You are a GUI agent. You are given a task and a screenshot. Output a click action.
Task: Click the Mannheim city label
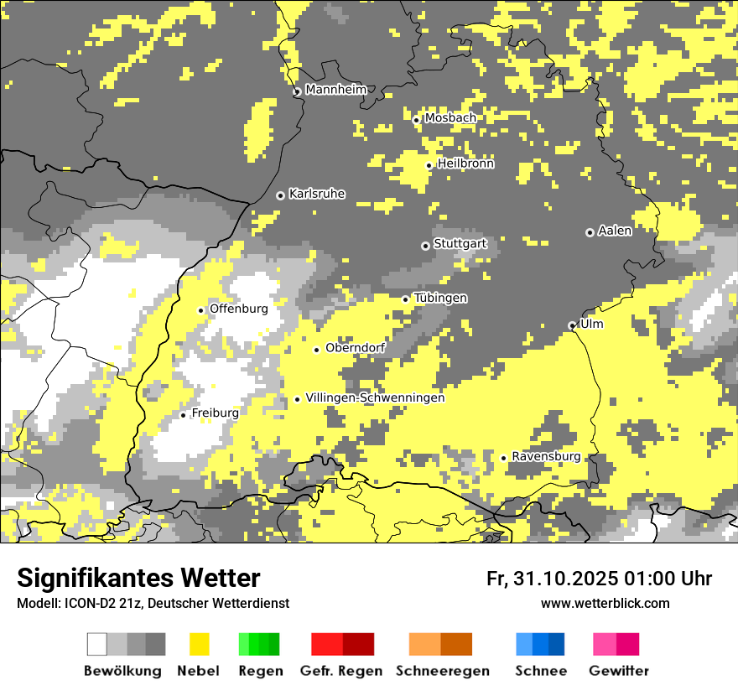[x=335, y=90]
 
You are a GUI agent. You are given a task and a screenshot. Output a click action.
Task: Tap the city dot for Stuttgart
[x=425, y=246]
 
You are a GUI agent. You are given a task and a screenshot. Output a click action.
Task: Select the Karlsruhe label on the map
[x=317, y=194]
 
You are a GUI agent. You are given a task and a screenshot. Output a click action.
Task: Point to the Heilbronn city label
[x=465, y=164]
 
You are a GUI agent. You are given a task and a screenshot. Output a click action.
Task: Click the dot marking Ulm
[x=572, y=325]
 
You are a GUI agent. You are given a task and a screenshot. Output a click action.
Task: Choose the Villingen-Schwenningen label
[x=375, y=397]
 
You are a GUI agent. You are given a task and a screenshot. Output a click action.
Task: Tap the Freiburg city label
[x=215, y=413]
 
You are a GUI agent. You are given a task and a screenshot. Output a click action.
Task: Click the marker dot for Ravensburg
[x=503, y=458]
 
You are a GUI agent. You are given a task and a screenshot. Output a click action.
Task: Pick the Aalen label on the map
[x=615, y=231]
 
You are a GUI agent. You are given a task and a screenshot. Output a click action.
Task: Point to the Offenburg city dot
[x=201, y=310]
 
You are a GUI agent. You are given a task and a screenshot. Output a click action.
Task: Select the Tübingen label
[x=440, y=298]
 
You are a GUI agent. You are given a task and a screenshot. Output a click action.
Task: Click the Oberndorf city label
[x=355, y=347]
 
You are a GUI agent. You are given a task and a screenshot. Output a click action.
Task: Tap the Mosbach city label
[x=450, y=118]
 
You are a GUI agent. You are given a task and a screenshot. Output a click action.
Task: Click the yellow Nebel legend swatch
[x=200, y=644]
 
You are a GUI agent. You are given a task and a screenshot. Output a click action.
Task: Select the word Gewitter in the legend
[x=619, y=671]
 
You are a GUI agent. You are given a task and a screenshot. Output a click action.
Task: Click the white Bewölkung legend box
[x=97, y=644]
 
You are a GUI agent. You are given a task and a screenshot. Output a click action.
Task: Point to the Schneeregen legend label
[x=443, y=671]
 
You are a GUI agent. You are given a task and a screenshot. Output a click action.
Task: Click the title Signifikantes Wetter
[x=138, y=578]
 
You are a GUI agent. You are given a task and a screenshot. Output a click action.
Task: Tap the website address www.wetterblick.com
[x=605, y=603]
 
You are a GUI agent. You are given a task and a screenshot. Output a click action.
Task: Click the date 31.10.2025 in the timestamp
[x=564, y=579]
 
